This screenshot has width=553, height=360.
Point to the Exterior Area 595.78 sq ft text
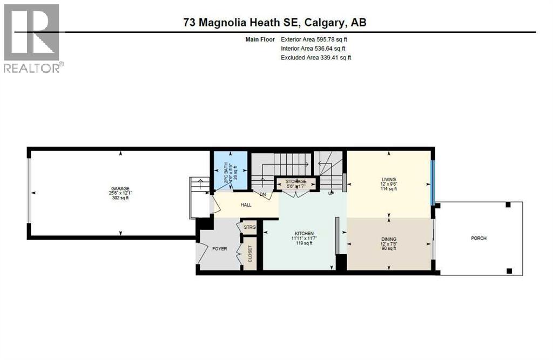point(317,39)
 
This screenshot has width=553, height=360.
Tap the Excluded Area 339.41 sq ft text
point(316,58)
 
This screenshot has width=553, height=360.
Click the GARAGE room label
point(120,188)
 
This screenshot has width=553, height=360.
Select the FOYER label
point(220,249)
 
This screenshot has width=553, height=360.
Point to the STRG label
point(249,227)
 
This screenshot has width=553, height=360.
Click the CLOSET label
point(249,253)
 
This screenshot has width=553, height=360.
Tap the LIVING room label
point(389,180)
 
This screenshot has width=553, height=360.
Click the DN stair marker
point(263,194)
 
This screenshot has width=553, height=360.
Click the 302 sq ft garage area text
point(120,198)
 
